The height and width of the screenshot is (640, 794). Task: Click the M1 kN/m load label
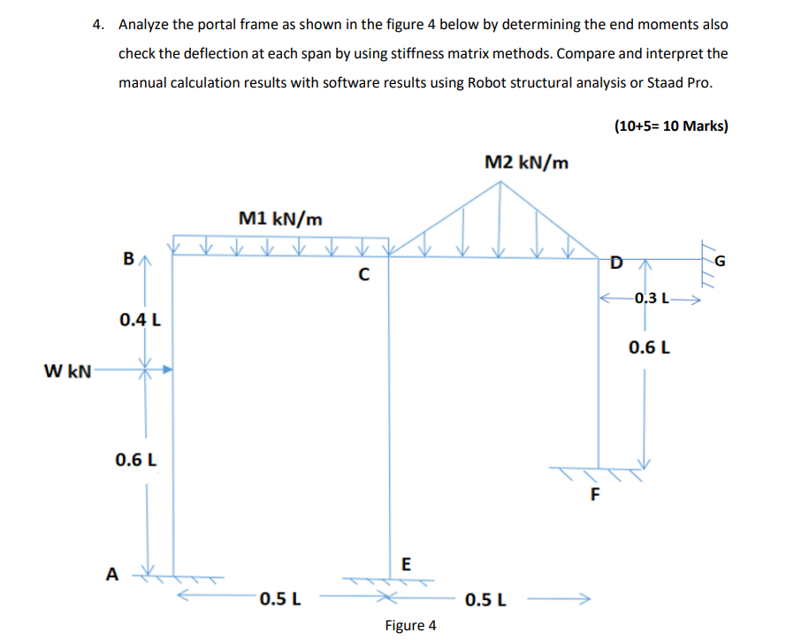pos(280,217)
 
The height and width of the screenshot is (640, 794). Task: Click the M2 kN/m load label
pos(527,162)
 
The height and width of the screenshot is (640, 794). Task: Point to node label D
pos(616,261)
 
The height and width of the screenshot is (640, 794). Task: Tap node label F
pos(594,494)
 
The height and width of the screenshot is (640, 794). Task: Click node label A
pos(111,574)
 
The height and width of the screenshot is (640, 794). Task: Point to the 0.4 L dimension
pos(140,319)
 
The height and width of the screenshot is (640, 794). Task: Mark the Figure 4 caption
pos(410,626)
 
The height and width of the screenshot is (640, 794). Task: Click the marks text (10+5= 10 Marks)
pos(670,126)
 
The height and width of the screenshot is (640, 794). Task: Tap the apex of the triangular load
pos(502,182)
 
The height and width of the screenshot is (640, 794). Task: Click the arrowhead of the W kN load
pos(165,370)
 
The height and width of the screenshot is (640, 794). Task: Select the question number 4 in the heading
pos(99,25)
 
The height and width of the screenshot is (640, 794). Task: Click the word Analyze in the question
pos(146,25)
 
